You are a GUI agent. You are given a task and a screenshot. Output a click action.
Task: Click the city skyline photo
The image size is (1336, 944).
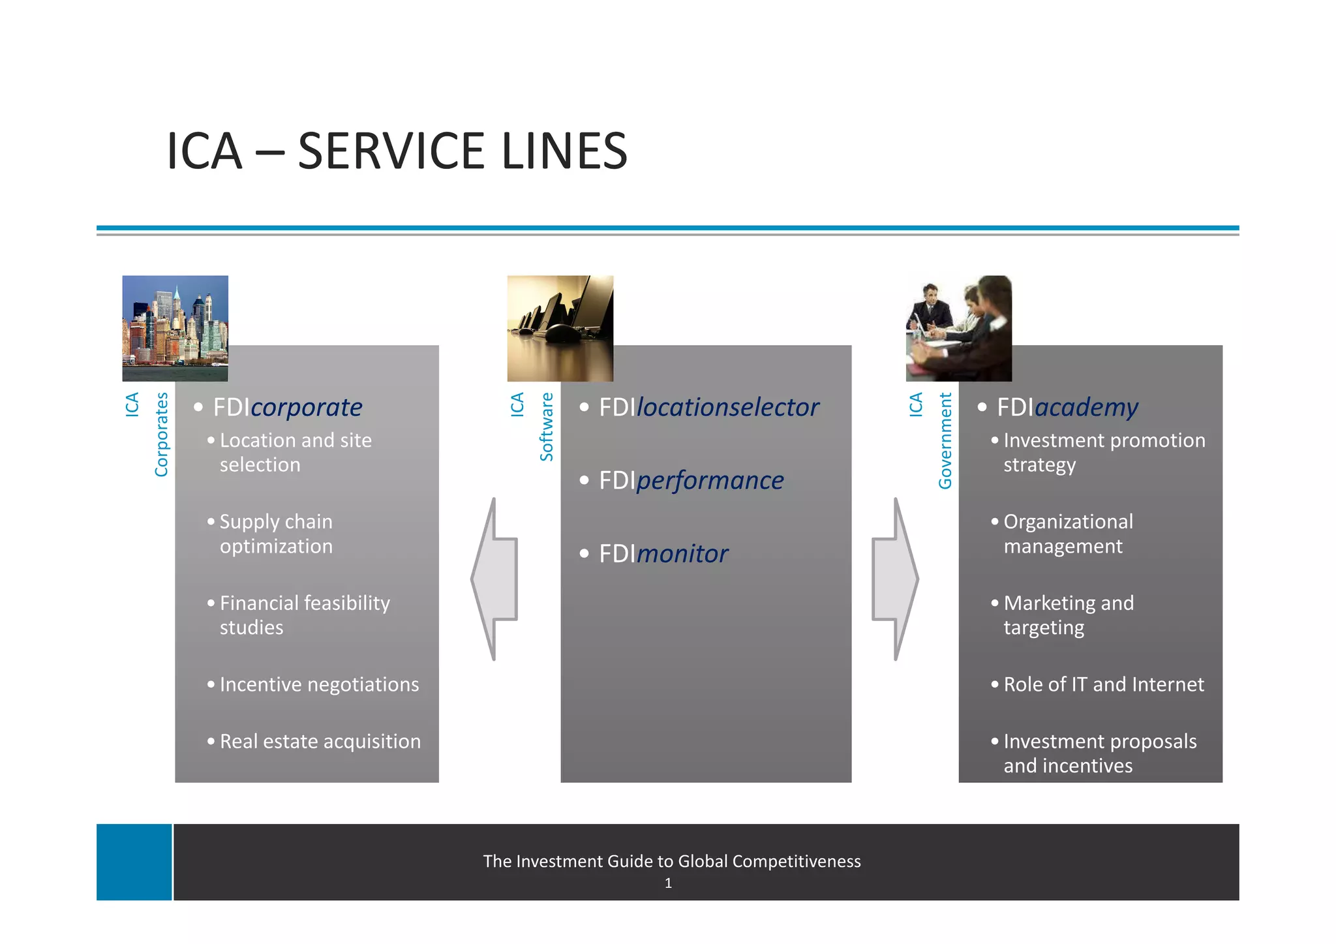[175, 328]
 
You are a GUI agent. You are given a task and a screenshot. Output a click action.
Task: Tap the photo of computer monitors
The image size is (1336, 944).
[560, 328]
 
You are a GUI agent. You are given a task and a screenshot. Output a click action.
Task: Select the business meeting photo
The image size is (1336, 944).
[958, 328]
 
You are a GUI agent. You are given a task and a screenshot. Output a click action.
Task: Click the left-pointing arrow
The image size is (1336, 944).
[495, 579]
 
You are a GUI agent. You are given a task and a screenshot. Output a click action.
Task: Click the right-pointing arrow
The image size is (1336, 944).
[895, 579]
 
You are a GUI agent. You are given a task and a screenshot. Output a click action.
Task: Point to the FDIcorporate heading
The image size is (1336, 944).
[288, 407]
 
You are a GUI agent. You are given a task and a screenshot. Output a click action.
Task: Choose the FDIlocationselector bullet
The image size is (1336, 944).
[708, 407]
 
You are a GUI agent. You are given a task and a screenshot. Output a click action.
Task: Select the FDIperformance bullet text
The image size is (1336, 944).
[691, 480]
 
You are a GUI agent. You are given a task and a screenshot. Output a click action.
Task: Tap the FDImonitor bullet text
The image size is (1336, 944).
[663, 554]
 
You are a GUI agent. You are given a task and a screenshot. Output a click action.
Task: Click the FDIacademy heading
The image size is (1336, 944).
[1067, 407]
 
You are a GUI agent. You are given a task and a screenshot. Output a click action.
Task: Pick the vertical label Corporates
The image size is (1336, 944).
[161, 434]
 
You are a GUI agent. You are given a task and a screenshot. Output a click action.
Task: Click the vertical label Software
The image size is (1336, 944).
[547, 427]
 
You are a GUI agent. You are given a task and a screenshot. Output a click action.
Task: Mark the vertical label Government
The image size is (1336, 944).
[945, 440]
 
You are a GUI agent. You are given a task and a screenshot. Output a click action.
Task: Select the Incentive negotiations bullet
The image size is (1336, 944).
[319, 684]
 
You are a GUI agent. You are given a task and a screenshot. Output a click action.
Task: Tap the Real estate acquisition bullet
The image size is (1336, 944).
[320, 741]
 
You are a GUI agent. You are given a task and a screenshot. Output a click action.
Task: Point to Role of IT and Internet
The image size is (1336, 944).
[1104, 684]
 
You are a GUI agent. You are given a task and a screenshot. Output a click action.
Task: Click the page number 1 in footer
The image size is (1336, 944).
[668, 883]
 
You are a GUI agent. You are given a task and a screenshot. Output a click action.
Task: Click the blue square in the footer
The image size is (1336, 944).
[134, 862]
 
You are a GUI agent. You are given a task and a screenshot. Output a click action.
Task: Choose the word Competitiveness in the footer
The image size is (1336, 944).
[797, 861]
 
